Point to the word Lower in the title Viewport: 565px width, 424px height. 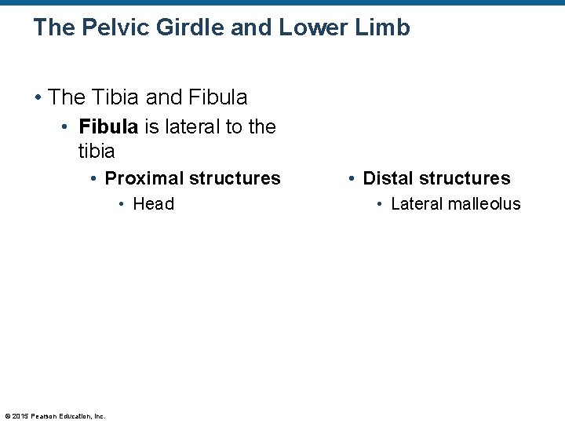tap(315, 28)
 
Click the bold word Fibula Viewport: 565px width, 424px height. tap(108, 127)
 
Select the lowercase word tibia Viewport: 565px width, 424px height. tap(97, 150)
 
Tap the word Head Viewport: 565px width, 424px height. tap(153, 204)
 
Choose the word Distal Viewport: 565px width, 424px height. tap(391, 178)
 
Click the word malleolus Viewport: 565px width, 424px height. tap(483, 204)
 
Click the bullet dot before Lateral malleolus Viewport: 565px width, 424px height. tap(379, 204)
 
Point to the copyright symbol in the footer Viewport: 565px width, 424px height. tap(7, 416)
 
